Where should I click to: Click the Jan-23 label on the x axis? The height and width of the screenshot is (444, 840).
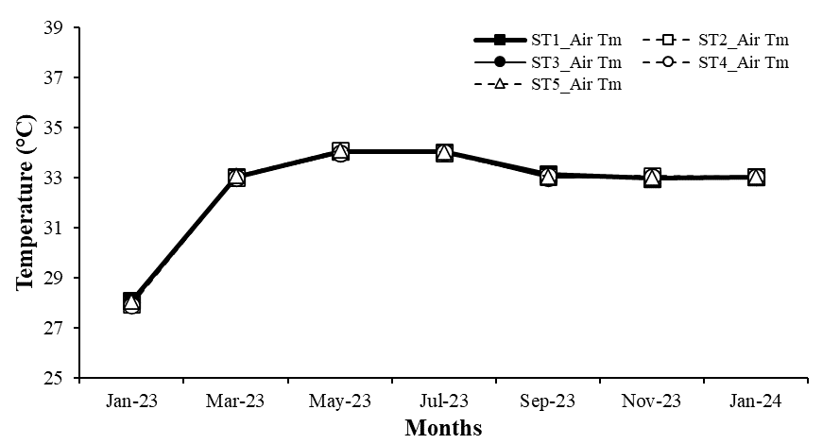click(132, 401)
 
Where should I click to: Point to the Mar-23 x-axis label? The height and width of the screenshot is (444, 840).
click(236, 401)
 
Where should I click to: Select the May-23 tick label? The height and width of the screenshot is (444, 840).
click(340, 401)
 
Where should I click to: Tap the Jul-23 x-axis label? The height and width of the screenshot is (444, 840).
click(444, 401)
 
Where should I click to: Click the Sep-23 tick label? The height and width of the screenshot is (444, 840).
click(548, 401)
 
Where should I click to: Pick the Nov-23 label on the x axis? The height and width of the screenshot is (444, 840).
click(652, 401)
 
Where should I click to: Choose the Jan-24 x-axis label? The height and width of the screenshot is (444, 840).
click(756, 401)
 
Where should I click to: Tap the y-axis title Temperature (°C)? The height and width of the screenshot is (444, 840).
click(25, 202)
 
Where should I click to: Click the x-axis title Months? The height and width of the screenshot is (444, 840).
click(443, 428)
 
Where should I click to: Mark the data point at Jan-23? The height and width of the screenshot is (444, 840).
click(132, 303)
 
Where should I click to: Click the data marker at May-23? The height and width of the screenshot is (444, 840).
click(340, 152)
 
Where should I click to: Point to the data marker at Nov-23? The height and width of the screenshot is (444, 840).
click(652, 178)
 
